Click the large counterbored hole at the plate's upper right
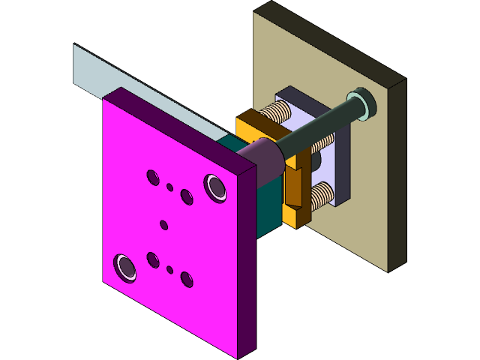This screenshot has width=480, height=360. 216,187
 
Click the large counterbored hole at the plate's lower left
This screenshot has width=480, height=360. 125,267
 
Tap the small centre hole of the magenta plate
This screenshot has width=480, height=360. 164,224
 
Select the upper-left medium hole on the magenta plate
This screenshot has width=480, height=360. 153,178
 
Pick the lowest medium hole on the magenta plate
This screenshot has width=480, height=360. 186,280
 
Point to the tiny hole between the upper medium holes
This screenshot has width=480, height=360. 170,187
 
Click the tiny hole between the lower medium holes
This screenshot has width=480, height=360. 170,269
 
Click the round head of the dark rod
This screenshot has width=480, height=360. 361,103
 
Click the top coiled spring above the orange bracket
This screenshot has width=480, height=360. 277,114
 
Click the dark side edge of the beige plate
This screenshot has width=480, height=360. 397,172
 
